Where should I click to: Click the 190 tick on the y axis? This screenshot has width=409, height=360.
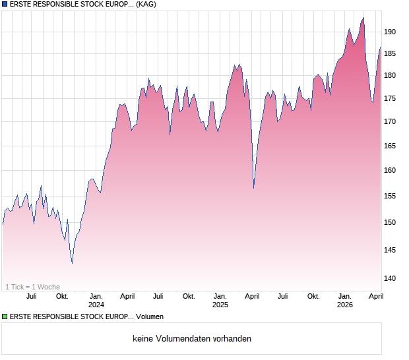click(x=390, y=32)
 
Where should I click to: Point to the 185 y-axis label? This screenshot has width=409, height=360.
click(x=390, y=54)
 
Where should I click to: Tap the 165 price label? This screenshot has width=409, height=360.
click(x=390, y=146)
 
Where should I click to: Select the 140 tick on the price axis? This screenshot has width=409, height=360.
click(x=390, y=278)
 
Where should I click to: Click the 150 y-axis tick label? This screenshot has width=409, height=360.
click(x=390, y=222)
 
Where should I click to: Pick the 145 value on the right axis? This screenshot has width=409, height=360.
click(x=390, y=250)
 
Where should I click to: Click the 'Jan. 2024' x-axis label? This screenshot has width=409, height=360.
click(x=96, y=301)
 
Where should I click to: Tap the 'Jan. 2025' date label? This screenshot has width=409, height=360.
click(x=220, y=301)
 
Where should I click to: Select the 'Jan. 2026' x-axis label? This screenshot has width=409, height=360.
click(x=344, y=301)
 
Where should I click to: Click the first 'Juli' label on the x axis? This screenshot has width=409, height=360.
click(x=30, y=296)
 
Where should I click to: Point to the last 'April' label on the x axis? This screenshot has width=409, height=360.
click(x=375, y=296)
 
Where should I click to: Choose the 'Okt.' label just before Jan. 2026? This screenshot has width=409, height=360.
click(x=313, y=296)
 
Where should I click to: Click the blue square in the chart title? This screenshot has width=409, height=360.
click(x=5, y=5)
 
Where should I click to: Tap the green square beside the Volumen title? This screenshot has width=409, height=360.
click(x=5, y=317)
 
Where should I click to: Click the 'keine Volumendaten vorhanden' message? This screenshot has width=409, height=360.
click(x=192, y=339)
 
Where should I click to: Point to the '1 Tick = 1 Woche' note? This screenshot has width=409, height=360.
click(x=33, y=287)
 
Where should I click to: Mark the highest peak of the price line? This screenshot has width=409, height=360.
click(x=363, y=18)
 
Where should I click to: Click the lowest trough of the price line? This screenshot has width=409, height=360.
click(x=72, y=263)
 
